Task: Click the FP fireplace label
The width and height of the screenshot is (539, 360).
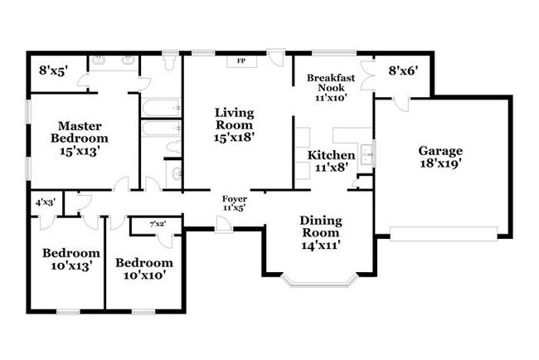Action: coord(241,61)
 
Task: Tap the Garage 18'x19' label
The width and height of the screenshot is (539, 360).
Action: coord(440,157)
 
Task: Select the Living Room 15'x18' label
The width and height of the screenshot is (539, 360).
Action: coord(234,124)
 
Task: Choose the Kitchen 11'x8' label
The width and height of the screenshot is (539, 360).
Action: coord(332,161)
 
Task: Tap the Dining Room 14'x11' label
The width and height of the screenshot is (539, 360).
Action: coord(321,233)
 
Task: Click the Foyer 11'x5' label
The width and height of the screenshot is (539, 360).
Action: coord(235,203)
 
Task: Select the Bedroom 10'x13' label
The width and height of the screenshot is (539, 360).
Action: coord(71,260)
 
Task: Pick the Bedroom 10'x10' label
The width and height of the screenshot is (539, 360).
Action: coord(144,269)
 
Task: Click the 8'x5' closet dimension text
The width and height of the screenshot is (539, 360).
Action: coord(53,71)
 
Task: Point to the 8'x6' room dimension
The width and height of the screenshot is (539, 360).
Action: coord(404,71)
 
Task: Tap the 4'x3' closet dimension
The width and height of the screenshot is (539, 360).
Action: coord(46,202)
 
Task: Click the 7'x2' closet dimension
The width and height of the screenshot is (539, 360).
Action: coord(158,224)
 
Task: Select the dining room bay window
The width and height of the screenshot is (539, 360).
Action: coord(320,280)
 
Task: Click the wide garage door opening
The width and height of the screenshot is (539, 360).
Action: coord(444,234)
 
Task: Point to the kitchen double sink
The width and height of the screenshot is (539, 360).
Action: coord(367,154)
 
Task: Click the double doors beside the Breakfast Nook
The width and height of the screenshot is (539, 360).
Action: coord(368,76)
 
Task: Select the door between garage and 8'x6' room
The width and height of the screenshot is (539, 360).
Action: coord(401,103)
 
